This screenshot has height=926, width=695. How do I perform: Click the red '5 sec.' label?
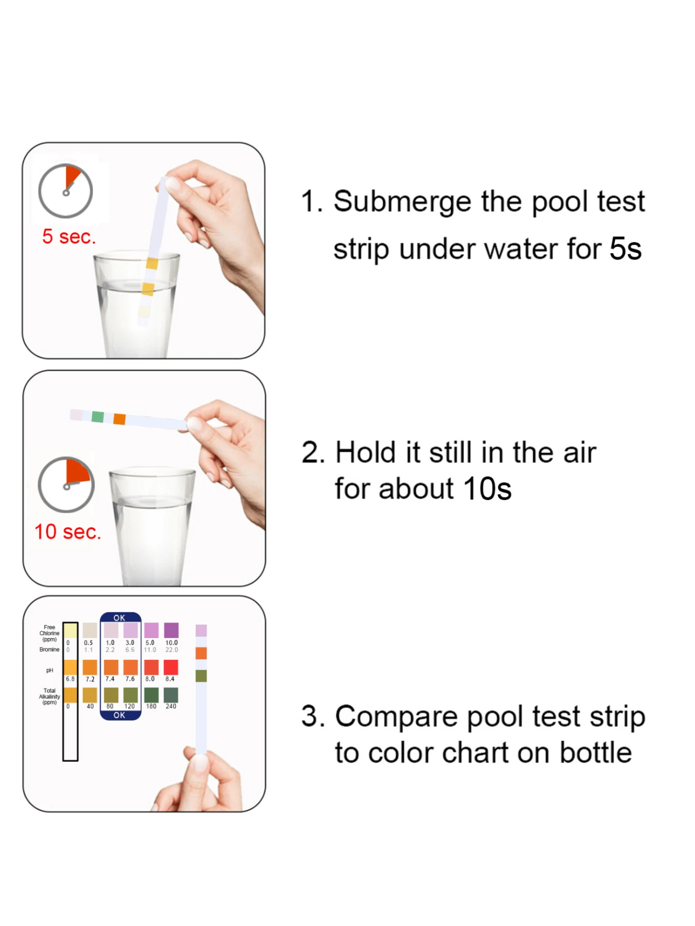coord(69,237)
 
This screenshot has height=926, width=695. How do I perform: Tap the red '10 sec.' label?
coord(67,532)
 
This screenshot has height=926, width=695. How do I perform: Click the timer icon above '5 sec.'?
coord(66,191)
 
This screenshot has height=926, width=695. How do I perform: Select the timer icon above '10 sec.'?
coord(66,485)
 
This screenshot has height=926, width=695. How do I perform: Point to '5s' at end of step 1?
coord(625,249)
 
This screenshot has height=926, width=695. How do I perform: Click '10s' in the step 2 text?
coord(487,489)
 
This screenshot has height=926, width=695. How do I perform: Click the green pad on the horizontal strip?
coord(98,417)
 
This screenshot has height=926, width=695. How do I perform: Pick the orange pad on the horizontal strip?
coord(120,419)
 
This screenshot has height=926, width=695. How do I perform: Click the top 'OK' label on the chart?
coord(119,618)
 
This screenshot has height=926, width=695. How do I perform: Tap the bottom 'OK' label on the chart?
coord(119,715)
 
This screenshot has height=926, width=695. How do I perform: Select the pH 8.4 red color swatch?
coord(171,667)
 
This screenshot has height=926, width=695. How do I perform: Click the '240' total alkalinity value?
coord(171,706)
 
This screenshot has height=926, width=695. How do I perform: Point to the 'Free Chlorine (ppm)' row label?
coord(49,633)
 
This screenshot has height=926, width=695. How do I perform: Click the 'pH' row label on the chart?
coord(50,670)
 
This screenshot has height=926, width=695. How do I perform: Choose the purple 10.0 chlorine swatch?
coord(171,630)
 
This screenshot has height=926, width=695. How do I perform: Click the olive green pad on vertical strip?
coord(201,675)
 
